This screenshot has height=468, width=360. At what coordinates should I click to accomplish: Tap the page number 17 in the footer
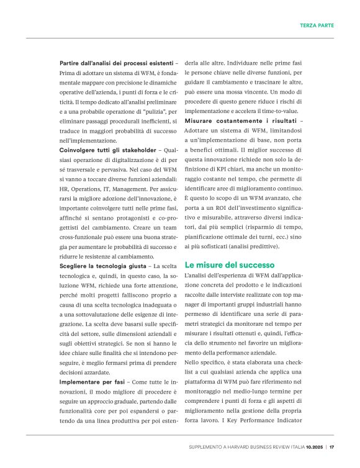coord(332,446)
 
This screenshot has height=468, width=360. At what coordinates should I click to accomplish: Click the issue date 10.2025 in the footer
coord(314,446)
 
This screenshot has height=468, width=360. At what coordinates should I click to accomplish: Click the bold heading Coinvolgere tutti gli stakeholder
coord(107,150)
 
